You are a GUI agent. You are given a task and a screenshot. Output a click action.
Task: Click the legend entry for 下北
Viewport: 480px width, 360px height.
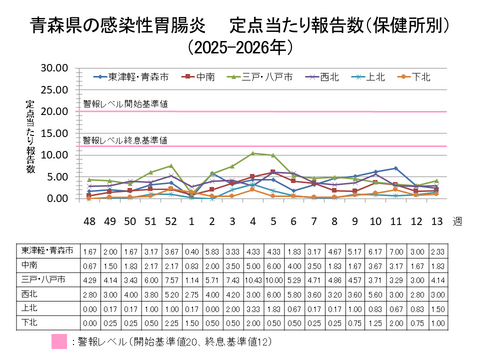[x=418, y=75]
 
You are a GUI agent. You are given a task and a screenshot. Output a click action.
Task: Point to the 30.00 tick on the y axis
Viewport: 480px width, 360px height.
[x=54, y=68]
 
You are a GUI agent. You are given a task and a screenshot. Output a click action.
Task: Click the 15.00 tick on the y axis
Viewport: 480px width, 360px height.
[x=54, y=133]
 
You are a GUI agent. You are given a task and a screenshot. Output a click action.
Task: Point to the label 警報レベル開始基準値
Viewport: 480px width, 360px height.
[x=125, y=104]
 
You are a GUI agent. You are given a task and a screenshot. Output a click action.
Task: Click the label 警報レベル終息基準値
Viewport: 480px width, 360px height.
[x=125, y=140]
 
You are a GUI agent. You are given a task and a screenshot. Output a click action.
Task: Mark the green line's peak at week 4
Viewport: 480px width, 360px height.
[x=252, y=153]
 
